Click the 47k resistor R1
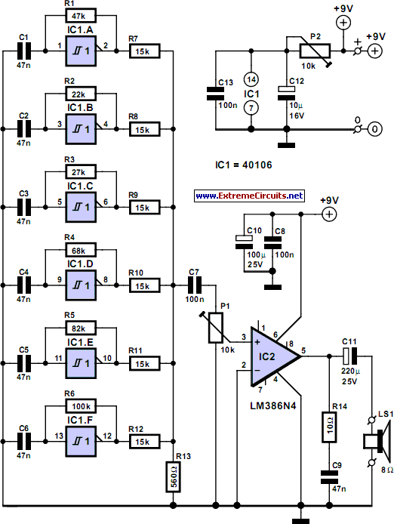[x=81, y=15]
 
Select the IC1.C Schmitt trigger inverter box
[x=81, y=207]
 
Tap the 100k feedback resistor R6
[x=81, y=406]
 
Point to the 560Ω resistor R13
[x=174, y=477]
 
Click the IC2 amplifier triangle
[x=272, y=356]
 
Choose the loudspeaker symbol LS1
[x=377, y=441]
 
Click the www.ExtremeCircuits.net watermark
[x=249, y=196]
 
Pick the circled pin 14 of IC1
[x=251, y=79]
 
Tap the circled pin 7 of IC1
[x=251, y=108]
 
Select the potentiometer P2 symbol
[x=316, y=51]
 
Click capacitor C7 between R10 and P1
[x=194, y=285]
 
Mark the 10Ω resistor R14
[x=329, y=427]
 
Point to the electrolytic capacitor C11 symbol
[x=350, y=356]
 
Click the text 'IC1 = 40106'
[x=244, y=165]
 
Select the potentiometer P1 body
[x=216, y=328]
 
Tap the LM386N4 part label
[x=273, y=405]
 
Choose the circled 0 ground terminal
[x=374, y=129]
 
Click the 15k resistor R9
[x=144, y=208]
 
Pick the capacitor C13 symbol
[x=216, y=94]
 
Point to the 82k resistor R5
[x=81, y=328]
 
